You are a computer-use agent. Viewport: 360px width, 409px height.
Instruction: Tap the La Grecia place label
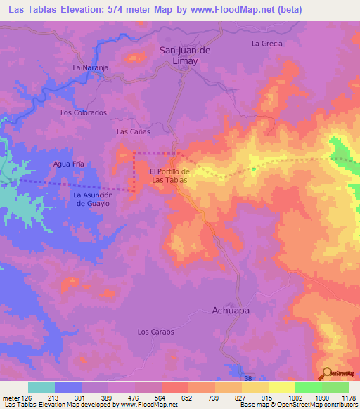(266, 44)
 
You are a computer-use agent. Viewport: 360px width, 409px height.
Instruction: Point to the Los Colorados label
(83, 112)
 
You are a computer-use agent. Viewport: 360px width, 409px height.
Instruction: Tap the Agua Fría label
(69, 164)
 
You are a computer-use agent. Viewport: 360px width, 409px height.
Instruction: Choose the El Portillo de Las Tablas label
(169, 176)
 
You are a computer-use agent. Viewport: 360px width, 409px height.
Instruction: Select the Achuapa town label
(231, 309)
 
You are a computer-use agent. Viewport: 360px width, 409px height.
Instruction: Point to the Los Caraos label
(155, 331)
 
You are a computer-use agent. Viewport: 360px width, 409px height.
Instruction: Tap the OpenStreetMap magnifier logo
(328, 373)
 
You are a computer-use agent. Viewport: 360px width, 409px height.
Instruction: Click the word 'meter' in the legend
(9, 397)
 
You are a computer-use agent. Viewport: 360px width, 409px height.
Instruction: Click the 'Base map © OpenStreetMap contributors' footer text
(298, 405)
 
